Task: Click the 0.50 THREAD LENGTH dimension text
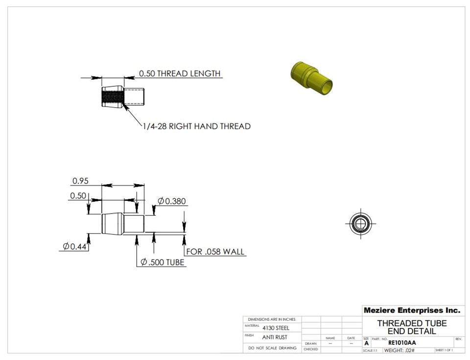(x=179, y=73)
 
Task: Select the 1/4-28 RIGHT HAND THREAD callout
(x=196, y=126)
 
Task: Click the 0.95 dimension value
(x=80, y=181)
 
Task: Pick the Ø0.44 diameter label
(x=74, y=246)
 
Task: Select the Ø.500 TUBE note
(x=162, y=263)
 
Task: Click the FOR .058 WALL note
(x=215, y=252)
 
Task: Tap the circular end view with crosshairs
(x=361, y=224)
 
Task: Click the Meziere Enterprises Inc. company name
(x=411, y=311)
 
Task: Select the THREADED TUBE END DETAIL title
(x=412, y=327)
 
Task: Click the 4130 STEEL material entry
(x=276, y=328)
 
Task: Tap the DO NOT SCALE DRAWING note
(x=272, y=348)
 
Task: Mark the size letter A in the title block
(x=367, y=343)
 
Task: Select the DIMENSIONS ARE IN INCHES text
(x=272, y=319)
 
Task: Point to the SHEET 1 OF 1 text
(x=444, y=351)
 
